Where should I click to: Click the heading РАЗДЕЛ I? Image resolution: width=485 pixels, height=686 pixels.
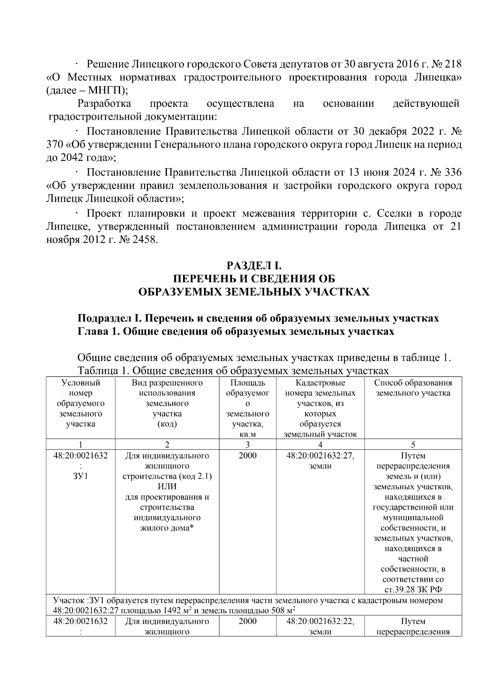click(254, 266)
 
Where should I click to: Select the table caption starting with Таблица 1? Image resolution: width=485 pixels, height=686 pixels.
click(232, 370)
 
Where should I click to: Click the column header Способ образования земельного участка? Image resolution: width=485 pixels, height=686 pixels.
click(413, 388)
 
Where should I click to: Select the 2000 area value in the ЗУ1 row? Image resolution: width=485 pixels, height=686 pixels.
click(247, 456)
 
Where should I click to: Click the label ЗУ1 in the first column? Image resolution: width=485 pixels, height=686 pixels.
click(80, 476)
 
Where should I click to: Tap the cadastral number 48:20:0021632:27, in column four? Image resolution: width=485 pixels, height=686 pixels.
click(320, 456)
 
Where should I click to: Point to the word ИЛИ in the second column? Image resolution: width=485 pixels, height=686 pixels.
click(167, 486)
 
